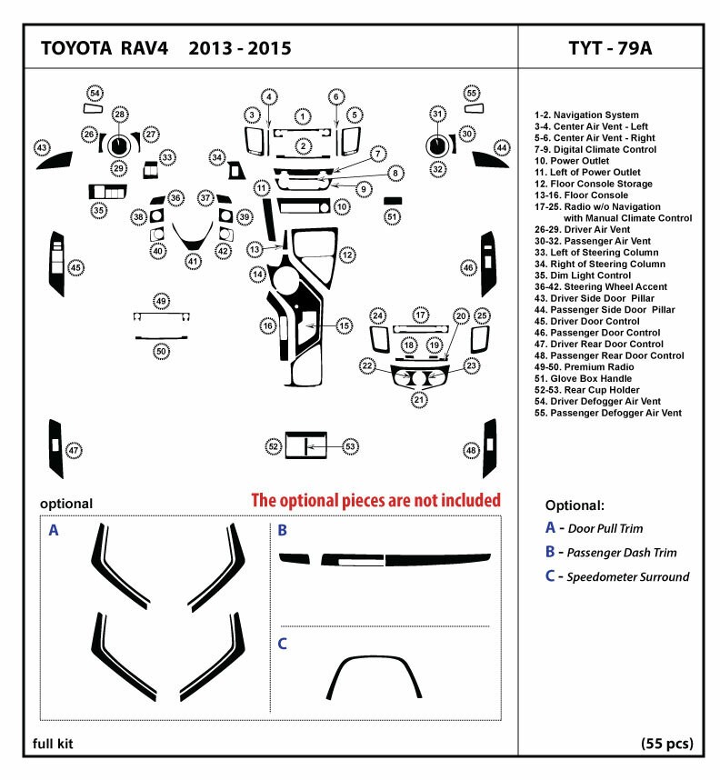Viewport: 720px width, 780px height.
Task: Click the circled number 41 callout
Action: pyautogui.click(x=193, y=261)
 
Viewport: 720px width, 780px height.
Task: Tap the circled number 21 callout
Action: pyautogui.click(x=419, y=399)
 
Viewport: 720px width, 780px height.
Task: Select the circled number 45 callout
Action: pyautogui.click(x=76, y=267)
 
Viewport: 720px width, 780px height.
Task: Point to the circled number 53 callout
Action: pyautogui.click(x=351, y=445)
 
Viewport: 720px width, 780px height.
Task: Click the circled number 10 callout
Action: pyautogui.click(x=342, y=207)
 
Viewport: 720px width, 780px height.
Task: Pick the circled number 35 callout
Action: pyautogui.click(x=98, y=211)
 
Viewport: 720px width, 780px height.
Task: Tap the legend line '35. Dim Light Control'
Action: pyautogui.click(x=595, y=275)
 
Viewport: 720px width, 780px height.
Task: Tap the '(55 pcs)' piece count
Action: pyautogui.click(x=666, y=744)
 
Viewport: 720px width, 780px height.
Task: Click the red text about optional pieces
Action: pyautogui.click(x=375, y=500)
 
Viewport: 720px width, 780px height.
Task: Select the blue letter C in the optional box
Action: pyautogui.click(x=283, y=644)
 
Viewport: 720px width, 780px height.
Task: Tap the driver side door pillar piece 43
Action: pyautogui.click(x=55, y=161)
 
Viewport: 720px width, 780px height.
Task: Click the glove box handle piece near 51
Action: pyautogui.click(x=393, y=200)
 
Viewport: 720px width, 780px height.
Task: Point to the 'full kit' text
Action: pyautogui.click(x=53, y=744)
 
